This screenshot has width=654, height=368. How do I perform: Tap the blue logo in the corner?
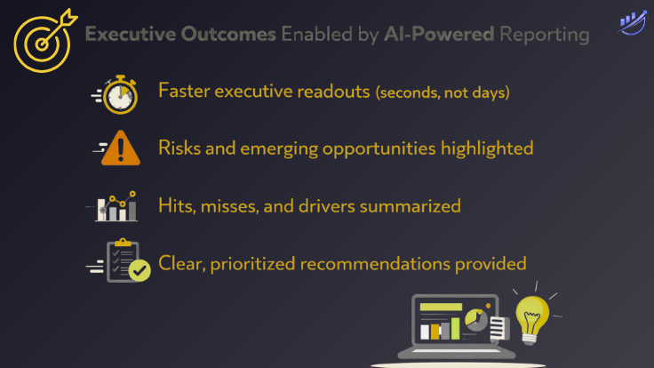[x=632, y=23]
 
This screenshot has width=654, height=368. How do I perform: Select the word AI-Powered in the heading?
[x=438, y=35]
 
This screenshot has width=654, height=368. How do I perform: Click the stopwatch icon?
[x=119, y=95]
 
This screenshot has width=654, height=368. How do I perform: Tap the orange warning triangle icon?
[x=120, y=149]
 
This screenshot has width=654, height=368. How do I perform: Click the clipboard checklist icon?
[x=123, y=260]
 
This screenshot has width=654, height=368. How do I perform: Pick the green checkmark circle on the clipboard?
[x=139, y=270]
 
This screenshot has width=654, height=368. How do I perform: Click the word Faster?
[x=185, y=91]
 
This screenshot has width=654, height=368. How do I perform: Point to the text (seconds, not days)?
[x=443, y=92]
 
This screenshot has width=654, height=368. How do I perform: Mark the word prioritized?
[x=252, y=264]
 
